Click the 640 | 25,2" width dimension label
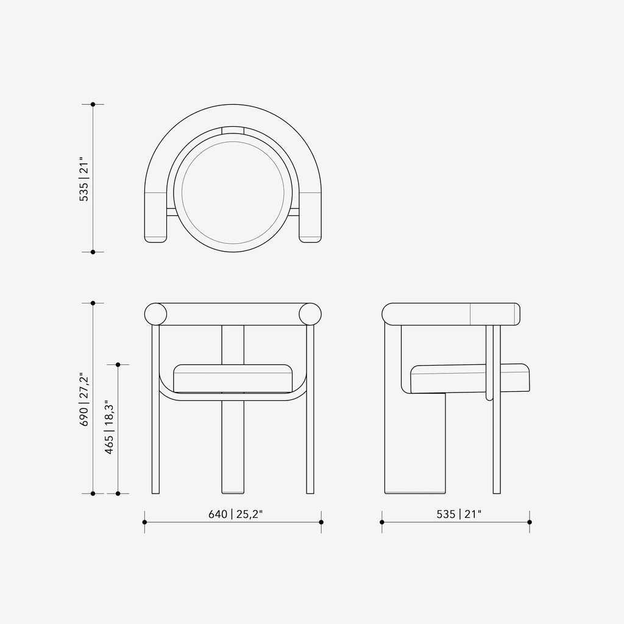point(236,514)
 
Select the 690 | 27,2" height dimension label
point(84,399)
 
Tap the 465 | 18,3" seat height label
point(109,427)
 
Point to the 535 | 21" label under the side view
point(459,514)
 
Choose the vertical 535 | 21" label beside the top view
point(84,179)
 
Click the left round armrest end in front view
point(155,314)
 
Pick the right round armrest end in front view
point(310,314)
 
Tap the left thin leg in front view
point(155,409)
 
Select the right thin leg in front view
point(310,409)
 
